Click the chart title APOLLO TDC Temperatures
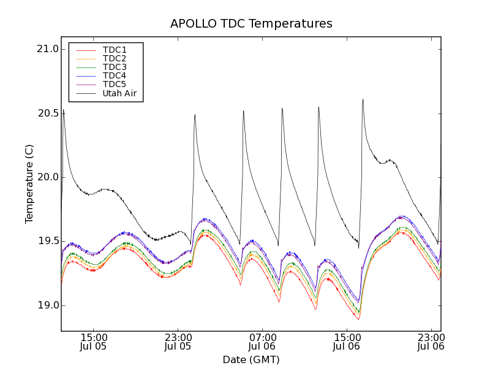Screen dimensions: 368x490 pyautogui.click(x=251, y=24)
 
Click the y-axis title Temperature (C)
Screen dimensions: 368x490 pyautogui.click(x=29, y=184)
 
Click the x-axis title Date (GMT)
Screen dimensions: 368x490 pyautogui.click(x=251, y=359)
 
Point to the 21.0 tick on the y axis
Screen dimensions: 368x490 pyautogui.click(x=48, y=49)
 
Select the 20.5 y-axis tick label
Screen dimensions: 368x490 pyautogui.click(x=48, y=113)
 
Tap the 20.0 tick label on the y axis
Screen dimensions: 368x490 pyautogui.click(x=48, y=177)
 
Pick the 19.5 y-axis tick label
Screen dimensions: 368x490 pyautogui.click(x=48, y=241)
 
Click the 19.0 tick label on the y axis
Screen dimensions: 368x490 pyautogui.click(x=48, y=305)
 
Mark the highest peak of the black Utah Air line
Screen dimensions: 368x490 pyautogui.click(x=363, y=99)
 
